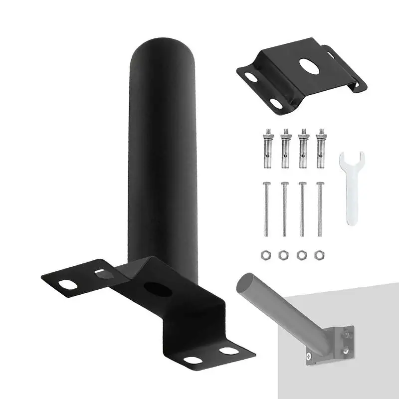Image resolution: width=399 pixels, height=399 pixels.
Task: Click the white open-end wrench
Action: [352, 190]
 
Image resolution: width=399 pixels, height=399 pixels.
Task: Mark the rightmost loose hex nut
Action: [318, 255]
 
